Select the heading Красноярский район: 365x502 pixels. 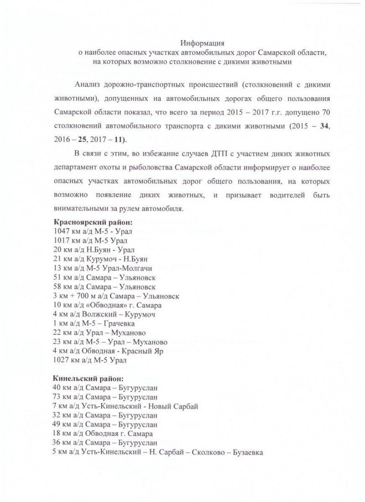pyautogui.click(x=93, y=222)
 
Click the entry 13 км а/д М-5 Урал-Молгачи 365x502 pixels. pyautogui.click(x=103, y=269)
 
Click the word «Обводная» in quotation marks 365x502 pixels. pyautogui.click(x=104, y=306)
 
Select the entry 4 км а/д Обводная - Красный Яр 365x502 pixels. pyautogui.click(x=105, y=352)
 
